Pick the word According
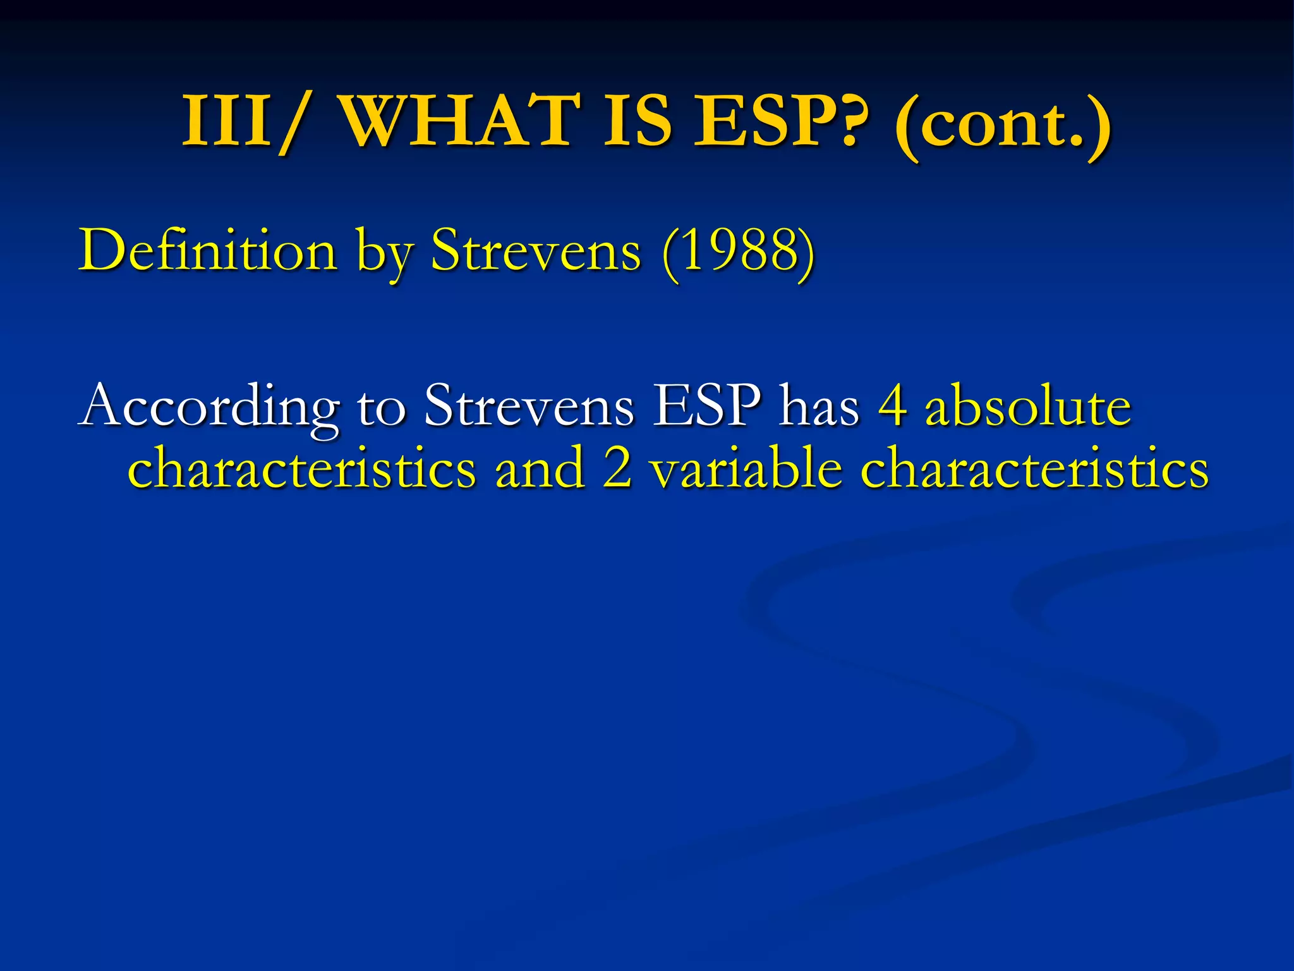coord(209,408)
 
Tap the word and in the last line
coord(540,469)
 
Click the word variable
coord(746,469)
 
